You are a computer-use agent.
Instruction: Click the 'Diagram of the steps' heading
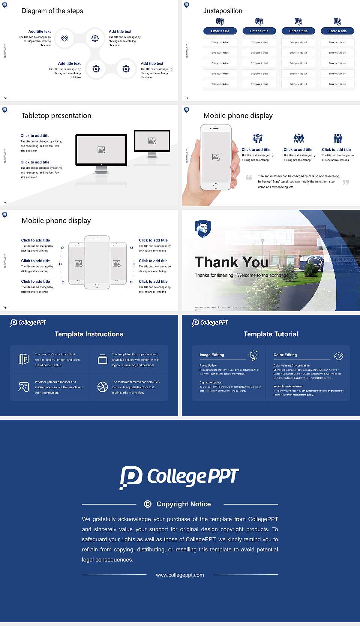click(x=52, y=11)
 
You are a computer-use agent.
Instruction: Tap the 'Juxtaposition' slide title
click(x=222, y=11)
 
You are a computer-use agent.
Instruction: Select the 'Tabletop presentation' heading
click(x=56, y=115)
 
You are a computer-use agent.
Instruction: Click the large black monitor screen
click(x=101, y=150)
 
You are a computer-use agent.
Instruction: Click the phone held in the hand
click(x=216, y=157)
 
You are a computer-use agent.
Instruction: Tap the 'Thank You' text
click(x=232, y=262)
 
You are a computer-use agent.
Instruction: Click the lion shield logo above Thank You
click(x=203, y=229)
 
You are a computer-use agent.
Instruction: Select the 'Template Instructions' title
click(x=89, y=334)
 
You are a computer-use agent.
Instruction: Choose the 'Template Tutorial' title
click(x=271, y=334)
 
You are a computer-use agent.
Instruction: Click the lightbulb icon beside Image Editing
click(x=253, y=355)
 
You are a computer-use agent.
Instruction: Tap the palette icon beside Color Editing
click(x=339, y=356)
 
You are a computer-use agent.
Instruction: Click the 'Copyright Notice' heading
click(x=183, y=504)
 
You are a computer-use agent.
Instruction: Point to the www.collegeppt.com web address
click(x=180, y=575)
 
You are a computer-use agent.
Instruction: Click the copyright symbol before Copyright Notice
click(x=148, y=504)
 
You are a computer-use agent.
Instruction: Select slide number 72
click(x=5, y=97)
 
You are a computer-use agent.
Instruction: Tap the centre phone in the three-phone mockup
click(x=97, y=262)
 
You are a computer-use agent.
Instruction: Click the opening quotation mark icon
click(x=249, y=177)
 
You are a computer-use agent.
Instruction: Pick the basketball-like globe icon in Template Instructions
click(x=102, y=387)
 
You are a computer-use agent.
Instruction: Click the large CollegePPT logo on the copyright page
click(x=179, y=477)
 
